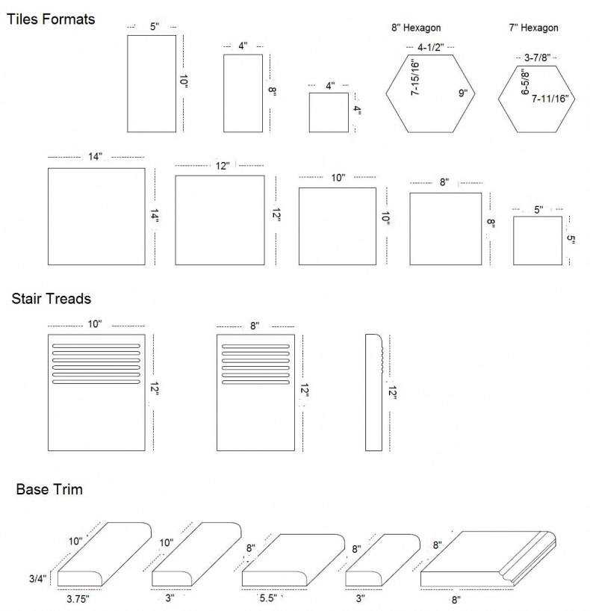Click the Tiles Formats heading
51,19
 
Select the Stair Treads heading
51,299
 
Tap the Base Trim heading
49,489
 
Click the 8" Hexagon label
416,28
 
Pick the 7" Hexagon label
533,28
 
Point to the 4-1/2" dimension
431,47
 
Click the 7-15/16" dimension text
415,78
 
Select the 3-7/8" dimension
538,58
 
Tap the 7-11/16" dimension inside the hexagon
550,99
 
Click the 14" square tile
96,217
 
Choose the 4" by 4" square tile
329,112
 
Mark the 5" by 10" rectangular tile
152,84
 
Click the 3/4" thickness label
38,579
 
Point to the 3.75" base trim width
78,598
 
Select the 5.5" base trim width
269,598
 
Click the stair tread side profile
374,392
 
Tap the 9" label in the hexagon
463,93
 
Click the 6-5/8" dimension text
525,82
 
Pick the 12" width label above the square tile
223,166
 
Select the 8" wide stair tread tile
255,392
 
